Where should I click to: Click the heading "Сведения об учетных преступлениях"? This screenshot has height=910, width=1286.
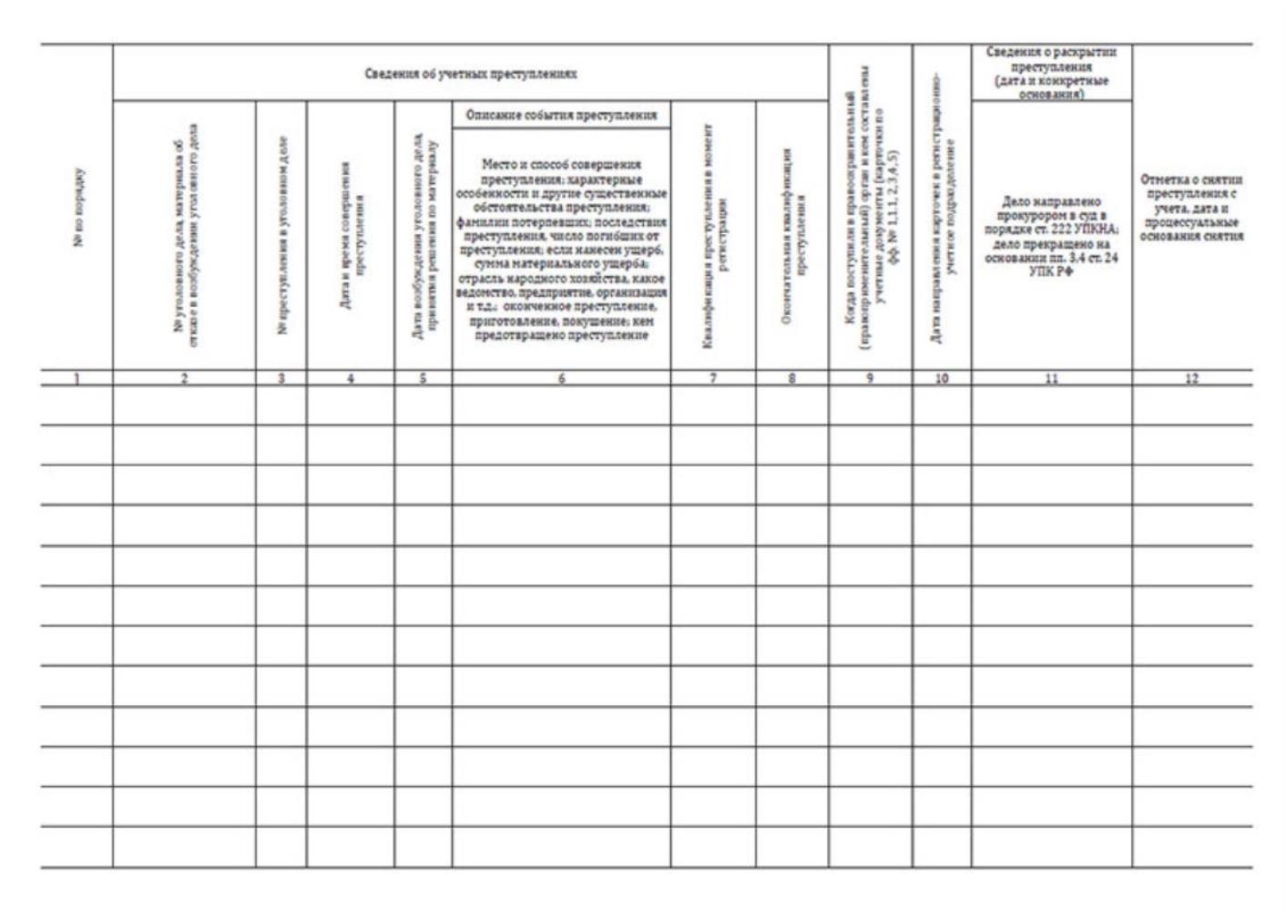470,74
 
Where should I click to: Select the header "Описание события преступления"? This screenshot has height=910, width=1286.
561,116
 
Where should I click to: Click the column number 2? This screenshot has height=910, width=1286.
184,379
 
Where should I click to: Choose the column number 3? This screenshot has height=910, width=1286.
281,379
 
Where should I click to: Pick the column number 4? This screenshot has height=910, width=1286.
351,379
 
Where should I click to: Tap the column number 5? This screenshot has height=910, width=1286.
423,379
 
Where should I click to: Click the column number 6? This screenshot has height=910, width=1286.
561,379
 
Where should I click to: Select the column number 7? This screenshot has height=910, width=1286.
713,379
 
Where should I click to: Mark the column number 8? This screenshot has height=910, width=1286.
792,379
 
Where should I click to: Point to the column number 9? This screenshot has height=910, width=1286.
871,379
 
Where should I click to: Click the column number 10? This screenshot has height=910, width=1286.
942,379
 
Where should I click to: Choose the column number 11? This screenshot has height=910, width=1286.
1051,379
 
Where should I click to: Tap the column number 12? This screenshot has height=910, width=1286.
1191,379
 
